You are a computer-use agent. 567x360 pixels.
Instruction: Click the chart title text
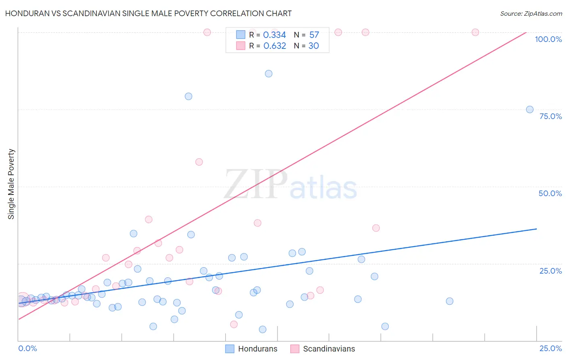click(x=148, y=13)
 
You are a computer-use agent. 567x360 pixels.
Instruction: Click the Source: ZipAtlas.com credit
click(x=531, y=14)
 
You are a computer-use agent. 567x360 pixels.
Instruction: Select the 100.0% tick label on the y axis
click(x=548, y=39)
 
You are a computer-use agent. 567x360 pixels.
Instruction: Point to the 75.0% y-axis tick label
click(x=550, y=116)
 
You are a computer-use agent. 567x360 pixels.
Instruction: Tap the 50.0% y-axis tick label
click(x=550, y=193)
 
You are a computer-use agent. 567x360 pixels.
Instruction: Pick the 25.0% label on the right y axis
click(x=550, y=271)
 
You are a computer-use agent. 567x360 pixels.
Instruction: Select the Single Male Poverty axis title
click(x=11, y=184)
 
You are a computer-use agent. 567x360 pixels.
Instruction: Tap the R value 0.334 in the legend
click(x=274, y=35)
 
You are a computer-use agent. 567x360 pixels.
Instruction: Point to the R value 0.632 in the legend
click(x=275, y=46)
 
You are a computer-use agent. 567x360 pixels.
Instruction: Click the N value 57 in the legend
click(x=314, y=35)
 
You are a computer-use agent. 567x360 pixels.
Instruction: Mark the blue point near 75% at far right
click(x=529, y=109)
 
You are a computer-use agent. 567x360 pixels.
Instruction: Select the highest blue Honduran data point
click(x=269, y=73)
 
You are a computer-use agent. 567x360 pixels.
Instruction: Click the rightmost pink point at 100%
click(x=475, y=32)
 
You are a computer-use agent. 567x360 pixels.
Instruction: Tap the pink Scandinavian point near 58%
click(x=199, y=162)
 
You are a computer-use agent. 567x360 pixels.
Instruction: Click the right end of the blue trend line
click(x=536, y=229)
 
